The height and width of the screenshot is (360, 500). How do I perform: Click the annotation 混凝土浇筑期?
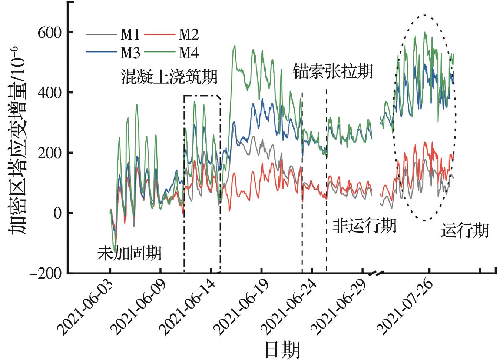169,77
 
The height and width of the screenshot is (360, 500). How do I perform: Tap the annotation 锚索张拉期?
333,71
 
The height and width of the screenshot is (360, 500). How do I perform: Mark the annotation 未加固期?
129,254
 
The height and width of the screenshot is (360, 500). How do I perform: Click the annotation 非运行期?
364,226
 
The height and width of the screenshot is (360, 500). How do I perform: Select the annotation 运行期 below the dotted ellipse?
464,231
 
